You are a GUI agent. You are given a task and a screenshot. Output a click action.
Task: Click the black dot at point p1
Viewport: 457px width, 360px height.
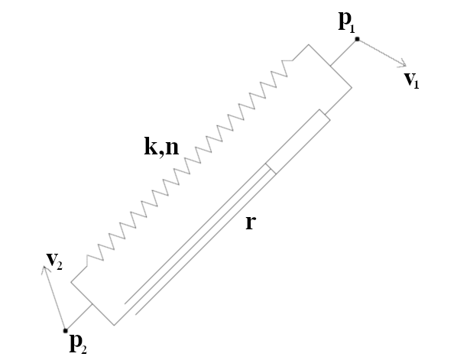[357, 39]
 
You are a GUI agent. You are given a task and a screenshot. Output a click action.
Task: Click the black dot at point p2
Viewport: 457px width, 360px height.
[65, 330]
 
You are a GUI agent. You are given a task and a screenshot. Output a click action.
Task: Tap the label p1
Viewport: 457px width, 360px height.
[347, 22]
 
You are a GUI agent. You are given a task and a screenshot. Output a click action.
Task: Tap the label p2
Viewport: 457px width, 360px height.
[78, 344]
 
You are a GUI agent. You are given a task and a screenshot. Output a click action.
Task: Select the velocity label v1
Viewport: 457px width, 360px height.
[412, 79]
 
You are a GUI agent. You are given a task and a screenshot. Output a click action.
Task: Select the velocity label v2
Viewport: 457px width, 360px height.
[54, 261]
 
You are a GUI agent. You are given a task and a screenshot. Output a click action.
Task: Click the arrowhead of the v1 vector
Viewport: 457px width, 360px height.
[403, 64]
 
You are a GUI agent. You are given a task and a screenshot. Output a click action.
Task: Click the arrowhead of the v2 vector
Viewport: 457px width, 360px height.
[44, 270]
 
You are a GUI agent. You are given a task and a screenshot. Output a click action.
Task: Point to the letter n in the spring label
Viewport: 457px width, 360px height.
[172, 148]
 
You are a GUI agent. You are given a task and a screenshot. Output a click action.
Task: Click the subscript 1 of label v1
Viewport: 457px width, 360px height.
[416, 84]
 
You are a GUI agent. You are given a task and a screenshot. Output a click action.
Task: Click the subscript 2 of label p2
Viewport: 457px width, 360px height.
[84, 349]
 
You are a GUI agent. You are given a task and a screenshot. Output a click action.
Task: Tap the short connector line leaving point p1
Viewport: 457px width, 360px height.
[344, 53]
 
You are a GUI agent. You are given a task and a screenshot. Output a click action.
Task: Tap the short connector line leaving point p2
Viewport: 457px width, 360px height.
[79, 317]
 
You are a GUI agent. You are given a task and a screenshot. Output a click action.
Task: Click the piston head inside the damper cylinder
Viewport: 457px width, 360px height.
[271, 169]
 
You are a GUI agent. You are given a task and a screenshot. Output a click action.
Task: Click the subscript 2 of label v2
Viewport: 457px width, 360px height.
[59, 265]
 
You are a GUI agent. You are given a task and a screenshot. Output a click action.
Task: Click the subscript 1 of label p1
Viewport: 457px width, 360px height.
[352, 28]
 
